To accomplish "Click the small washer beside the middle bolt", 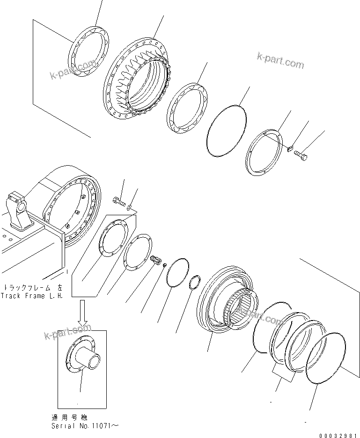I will click(129, 206).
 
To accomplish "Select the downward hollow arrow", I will click(82, 314).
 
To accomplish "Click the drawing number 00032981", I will click(338, 435).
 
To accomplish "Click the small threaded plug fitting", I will click(156, 260).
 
